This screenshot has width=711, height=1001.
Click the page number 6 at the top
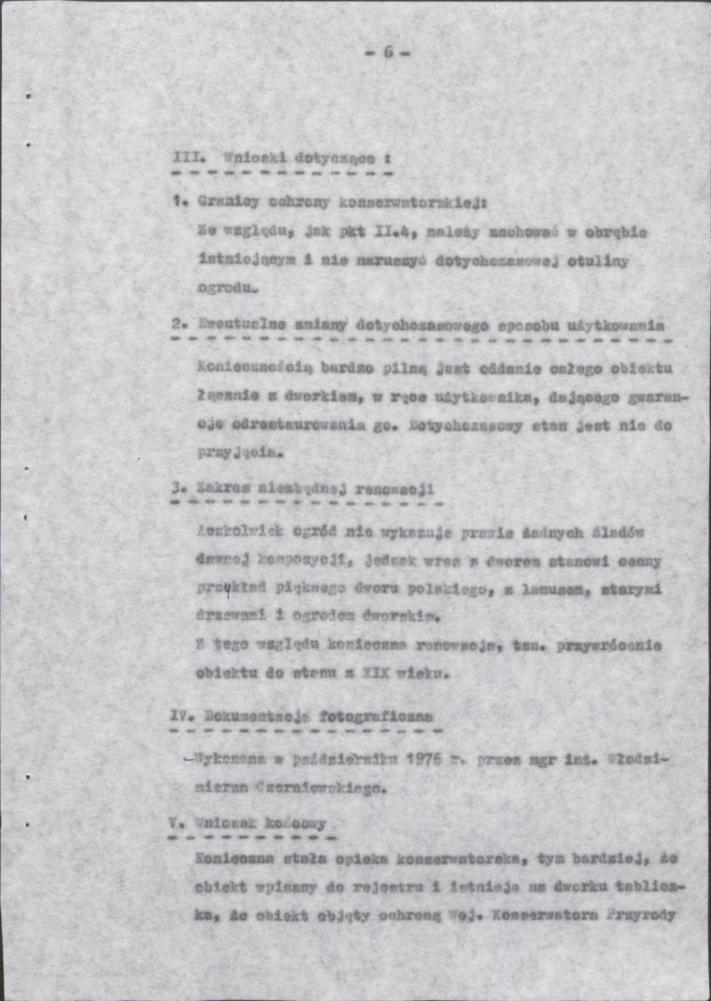[388, 52]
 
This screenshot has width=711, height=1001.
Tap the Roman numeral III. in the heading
[185, 158]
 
